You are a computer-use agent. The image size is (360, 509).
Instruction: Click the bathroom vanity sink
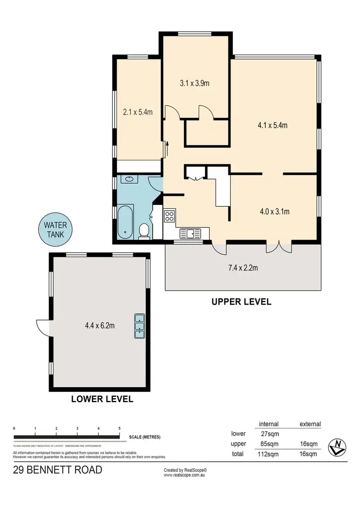click(128, 179)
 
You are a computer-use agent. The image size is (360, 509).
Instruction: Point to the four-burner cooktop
click(170, 216)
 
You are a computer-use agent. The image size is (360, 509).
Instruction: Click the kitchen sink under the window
click(191, 234)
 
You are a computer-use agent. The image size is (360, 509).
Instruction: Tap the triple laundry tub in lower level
click(139, 326)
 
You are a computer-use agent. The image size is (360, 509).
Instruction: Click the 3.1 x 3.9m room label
click(195, 83)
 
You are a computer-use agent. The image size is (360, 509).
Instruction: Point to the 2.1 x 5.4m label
click(138, 113)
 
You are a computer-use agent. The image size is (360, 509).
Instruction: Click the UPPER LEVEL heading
click(241, 302)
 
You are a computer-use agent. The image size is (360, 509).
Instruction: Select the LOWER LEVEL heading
click(102, 399)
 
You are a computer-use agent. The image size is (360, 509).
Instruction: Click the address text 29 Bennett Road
click(57, 470)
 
